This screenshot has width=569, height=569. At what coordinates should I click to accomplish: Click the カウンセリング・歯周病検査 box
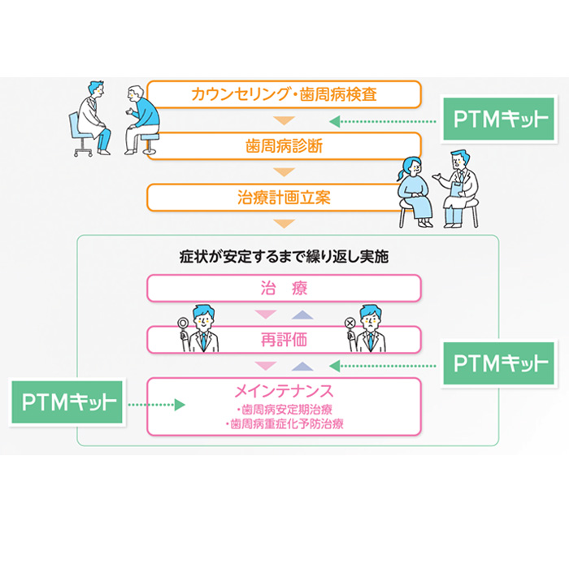[284, 94]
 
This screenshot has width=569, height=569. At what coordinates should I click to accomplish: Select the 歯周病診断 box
[284, 146]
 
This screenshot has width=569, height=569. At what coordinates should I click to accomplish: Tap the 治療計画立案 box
[284, 197]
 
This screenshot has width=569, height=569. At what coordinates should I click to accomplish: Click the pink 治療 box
[284, 289]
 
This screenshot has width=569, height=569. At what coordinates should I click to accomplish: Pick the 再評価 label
[284, 339]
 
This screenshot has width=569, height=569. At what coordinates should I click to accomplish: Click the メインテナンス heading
[284, 389]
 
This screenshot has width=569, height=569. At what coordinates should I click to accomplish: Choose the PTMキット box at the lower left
[67, 402]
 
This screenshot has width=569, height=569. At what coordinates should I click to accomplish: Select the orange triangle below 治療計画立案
[284, 224]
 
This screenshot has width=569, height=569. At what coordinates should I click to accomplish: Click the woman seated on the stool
[416, 191]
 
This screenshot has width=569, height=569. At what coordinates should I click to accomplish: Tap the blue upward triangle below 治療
[302, 315]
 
